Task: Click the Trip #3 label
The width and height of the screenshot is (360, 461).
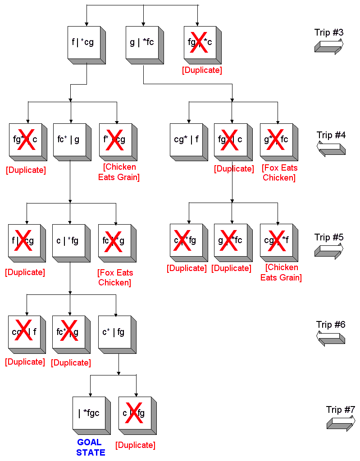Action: [329, 32]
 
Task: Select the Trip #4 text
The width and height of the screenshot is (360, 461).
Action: [331, 135]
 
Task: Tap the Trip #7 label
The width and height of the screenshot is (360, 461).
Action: [341, 410]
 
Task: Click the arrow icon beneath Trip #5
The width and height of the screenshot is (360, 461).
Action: [329, 250]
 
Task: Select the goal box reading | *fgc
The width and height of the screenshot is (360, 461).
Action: [89, 412]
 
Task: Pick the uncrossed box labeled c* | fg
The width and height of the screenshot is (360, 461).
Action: [113, 332]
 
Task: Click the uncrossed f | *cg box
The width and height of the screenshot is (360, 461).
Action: [83, 43]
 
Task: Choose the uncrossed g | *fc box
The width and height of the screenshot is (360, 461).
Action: [141, 43]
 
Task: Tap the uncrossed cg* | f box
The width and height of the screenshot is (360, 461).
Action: [186, 140]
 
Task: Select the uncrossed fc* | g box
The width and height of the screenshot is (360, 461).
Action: [68, 140]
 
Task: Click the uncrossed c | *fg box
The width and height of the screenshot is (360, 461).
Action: [68, 241]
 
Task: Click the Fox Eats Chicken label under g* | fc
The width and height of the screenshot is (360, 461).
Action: [279, 173]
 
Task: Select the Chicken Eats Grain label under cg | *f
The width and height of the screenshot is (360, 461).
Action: [281, 272]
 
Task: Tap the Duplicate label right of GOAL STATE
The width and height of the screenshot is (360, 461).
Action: [135, 445]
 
